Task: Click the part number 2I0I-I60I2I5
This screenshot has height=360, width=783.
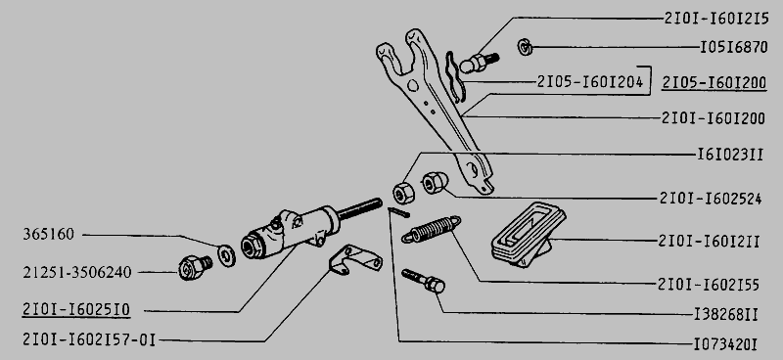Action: click(716, 19)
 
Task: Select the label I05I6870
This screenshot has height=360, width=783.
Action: click(733, 47)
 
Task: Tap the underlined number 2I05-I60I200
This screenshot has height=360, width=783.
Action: click(714, 83)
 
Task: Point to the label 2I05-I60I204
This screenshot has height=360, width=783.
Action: click(590, 81)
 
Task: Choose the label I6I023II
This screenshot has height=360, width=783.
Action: click(730, 155)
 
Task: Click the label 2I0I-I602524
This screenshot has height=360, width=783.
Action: click(711, 199)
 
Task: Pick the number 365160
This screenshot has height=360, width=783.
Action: click(48, 234)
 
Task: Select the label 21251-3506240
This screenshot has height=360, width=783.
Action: click(77, 273)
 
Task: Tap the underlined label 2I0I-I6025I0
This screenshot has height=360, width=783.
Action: click(76, 310)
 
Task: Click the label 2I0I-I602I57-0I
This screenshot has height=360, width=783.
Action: click(89, 340)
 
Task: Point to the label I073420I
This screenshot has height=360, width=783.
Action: click(725, 344)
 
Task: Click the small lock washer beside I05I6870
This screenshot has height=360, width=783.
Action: click(525, 47)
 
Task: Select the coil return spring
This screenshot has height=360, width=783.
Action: click(431, 229)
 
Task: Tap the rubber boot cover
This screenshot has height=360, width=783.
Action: click(529, 234)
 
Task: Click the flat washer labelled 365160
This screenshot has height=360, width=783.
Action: click(227, 255)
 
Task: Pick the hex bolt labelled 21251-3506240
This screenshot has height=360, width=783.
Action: click(195, 267)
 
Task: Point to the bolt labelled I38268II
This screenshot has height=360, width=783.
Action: click(424, 281)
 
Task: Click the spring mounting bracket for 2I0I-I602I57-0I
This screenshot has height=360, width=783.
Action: click(355, 259)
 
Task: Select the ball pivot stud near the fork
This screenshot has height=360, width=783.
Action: click(479, 63)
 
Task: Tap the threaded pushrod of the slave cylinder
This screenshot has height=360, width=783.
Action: click(359, 208)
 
